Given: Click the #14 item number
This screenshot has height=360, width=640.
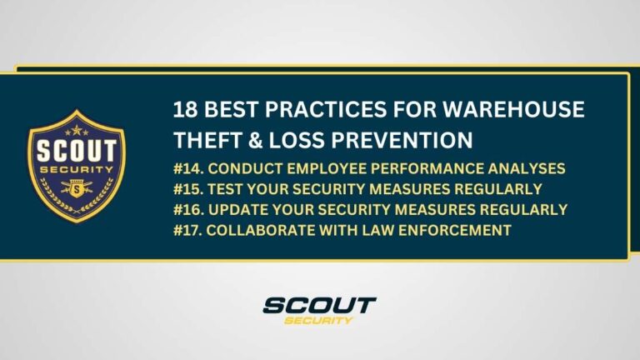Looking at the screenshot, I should click(x=187, y=167).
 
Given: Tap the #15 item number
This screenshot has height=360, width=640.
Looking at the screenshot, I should click(x=187, y=187).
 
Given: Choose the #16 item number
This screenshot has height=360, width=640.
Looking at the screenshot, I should click(x=187, y=208).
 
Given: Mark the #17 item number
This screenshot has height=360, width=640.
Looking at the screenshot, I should click(x=187, y=230).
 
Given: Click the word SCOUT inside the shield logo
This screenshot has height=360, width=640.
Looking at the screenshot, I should click(x=76, y=152).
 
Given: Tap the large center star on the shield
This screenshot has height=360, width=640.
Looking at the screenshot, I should click(x=76, y=130).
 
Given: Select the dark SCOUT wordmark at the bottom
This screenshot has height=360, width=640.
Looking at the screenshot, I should click(x=319, y=306).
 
